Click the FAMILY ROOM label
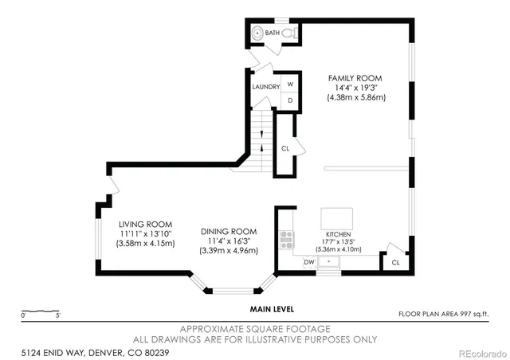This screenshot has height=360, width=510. (x=356, y=77)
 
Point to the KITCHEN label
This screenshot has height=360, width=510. (x=338, y=235)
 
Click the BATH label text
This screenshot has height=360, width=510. (x=273, y=33)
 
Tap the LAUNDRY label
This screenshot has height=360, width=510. (x=265, y=86)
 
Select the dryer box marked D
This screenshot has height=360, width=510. (x=290, y=100)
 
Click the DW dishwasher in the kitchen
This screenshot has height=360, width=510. (x=309, y=262)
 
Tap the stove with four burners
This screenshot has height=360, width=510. (x=287, y=238)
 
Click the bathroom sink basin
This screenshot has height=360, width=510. (x=257, y=33)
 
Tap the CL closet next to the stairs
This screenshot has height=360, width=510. (x=285, y=148)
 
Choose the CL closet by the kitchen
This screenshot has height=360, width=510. (x=395, y=262)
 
